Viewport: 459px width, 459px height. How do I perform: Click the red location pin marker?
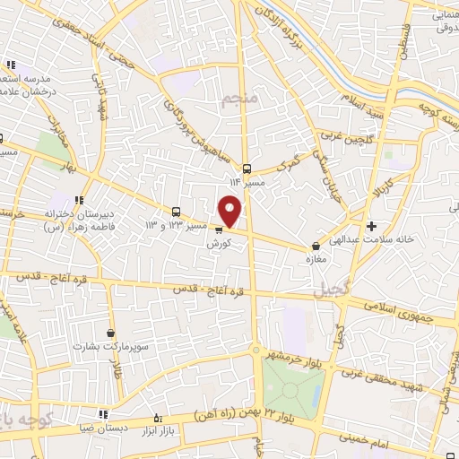231,211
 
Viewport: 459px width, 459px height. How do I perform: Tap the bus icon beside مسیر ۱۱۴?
246,167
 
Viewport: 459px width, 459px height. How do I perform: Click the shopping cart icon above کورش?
219,229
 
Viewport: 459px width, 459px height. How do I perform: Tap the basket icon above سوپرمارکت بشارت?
110,333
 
